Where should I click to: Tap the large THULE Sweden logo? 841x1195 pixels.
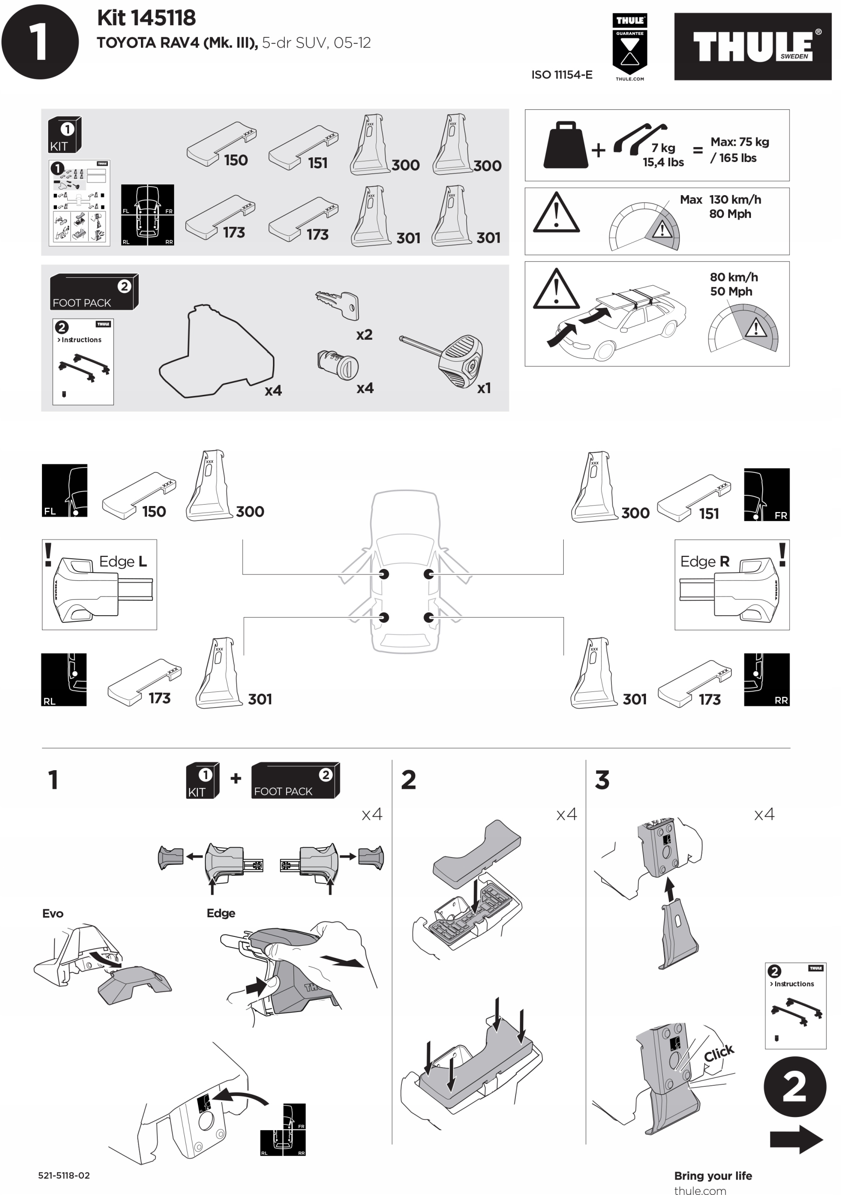(752, 46)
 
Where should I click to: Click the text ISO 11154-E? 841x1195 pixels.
(561, 75)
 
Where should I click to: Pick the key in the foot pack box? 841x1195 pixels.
(338, 304)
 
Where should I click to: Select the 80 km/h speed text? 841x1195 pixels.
(734, 277)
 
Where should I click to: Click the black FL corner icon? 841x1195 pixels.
(64, 490)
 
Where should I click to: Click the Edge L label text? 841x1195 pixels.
(123, 562)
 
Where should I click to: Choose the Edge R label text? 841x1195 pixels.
(705, 562)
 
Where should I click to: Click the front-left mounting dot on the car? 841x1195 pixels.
(384, 574)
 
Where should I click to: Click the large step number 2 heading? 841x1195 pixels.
(408, 780)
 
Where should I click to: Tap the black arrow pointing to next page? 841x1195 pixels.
(796, 1139)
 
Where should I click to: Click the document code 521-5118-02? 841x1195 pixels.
(64, 1175)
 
